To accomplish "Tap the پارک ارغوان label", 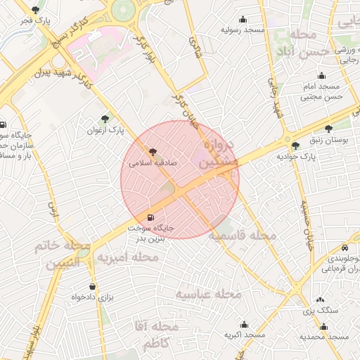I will (106, 130).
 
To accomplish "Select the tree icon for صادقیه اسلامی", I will (152, 150).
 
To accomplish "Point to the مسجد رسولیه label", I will (243, 30).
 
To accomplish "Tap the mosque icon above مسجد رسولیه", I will (243, 19).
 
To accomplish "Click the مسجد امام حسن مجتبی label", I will (321, 91).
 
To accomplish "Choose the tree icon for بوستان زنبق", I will (328, 129).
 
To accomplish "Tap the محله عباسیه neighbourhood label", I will (208, 292).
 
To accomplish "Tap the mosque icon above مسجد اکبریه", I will (244, 325).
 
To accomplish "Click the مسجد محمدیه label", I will (324, 337).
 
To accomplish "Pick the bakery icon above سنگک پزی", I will (321, 300).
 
